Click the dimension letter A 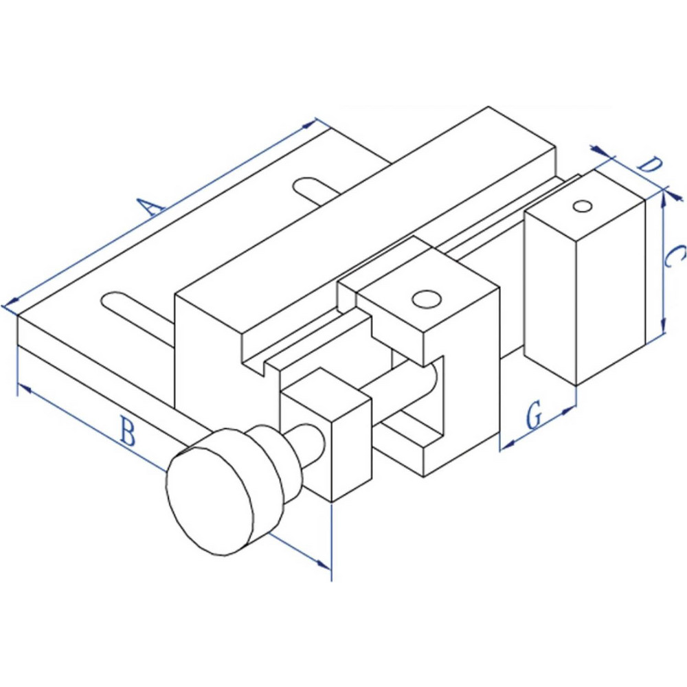tap(150, 205)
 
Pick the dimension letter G tap(534, 416)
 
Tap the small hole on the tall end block tap(583, 205)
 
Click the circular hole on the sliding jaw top tap(427, 300)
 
